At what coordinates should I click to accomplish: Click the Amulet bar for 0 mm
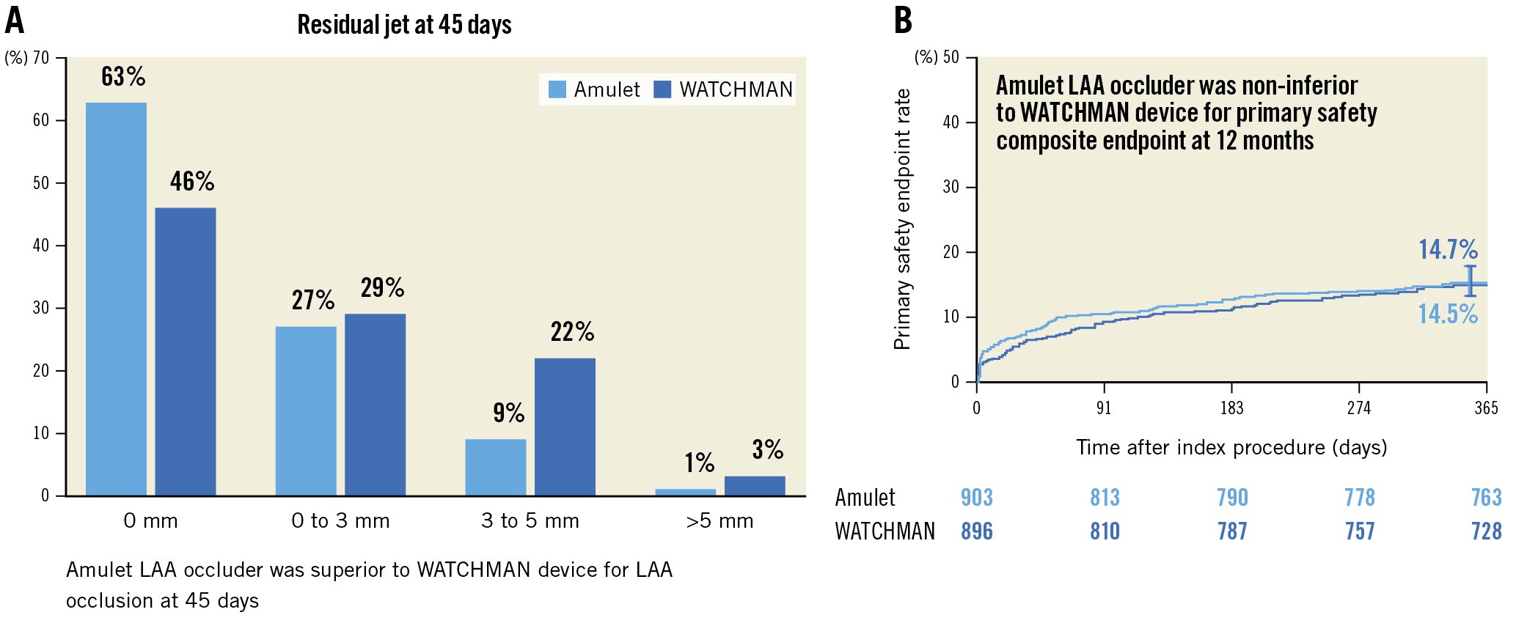(x=116, y=299)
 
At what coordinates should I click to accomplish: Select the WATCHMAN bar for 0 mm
(x=186, y=352)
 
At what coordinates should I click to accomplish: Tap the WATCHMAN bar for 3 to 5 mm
(x=565, y=427)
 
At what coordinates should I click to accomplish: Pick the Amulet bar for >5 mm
(x=685, y=492)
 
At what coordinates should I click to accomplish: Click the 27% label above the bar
(x=312, y=300)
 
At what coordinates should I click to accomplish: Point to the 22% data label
(x=572, y=332)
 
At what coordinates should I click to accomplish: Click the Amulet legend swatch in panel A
(x=557, y=89)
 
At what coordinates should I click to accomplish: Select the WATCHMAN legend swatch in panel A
(x=662, y=89)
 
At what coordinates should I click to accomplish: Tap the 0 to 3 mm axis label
(x=340, y=521)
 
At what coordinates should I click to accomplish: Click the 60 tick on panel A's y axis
(x=41, y=120)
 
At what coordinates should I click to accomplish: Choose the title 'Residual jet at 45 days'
(x=404, y=25)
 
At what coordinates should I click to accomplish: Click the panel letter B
(x=903, y=21)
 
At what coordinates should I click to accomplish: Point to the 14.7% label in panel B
(x=1447, y=249)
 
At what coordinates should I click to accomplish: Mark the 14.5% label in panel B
(x=1447, y=314)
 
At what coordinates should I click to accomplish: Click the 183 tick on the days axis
(x=1231, y=408)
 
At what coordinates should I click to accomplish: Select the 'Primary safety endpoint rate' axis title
(x=902, y=219)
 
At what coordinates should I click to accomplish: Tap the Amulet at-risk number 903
(x=976, y=498)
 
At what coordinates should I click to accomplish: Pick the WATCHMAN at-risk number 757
(x=1359, y=531)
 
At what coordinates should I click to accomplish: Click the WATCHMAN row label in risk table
(x=885, y=531)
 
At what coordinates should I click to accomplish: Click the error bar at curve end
(x=1471, y=281)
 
